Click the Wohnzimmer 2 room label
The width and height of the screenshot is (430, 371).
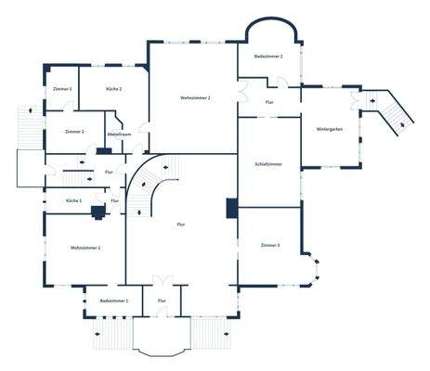point(195,97)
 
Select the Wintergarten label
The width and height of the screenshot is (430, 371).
point(330,128)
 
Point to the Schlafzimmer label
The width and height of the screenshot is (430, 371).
point(268,163)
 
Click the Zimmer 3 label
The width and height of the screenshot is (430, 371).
point(271,245)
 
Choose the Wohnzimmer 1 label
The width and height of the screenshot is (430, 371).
point(85,248)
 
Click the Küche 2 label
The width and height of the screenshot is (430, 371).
point(114,88)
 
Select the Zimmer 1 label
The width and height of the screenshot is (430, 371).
point(62,88)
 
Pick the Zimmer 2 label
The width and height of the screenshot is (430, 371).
point(75,132)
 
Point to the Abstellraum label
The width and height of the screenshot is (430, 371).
point(119,134)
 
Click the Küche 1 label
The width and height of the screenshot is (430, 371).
point(73,200)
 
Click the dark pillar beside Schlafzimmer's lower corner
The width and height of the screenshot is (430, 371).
point(231,208)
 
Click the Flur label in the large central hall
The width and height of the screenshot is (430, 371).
point(181,224)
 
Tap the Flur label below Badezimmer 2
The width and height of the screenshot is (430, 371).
point(269,102)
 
